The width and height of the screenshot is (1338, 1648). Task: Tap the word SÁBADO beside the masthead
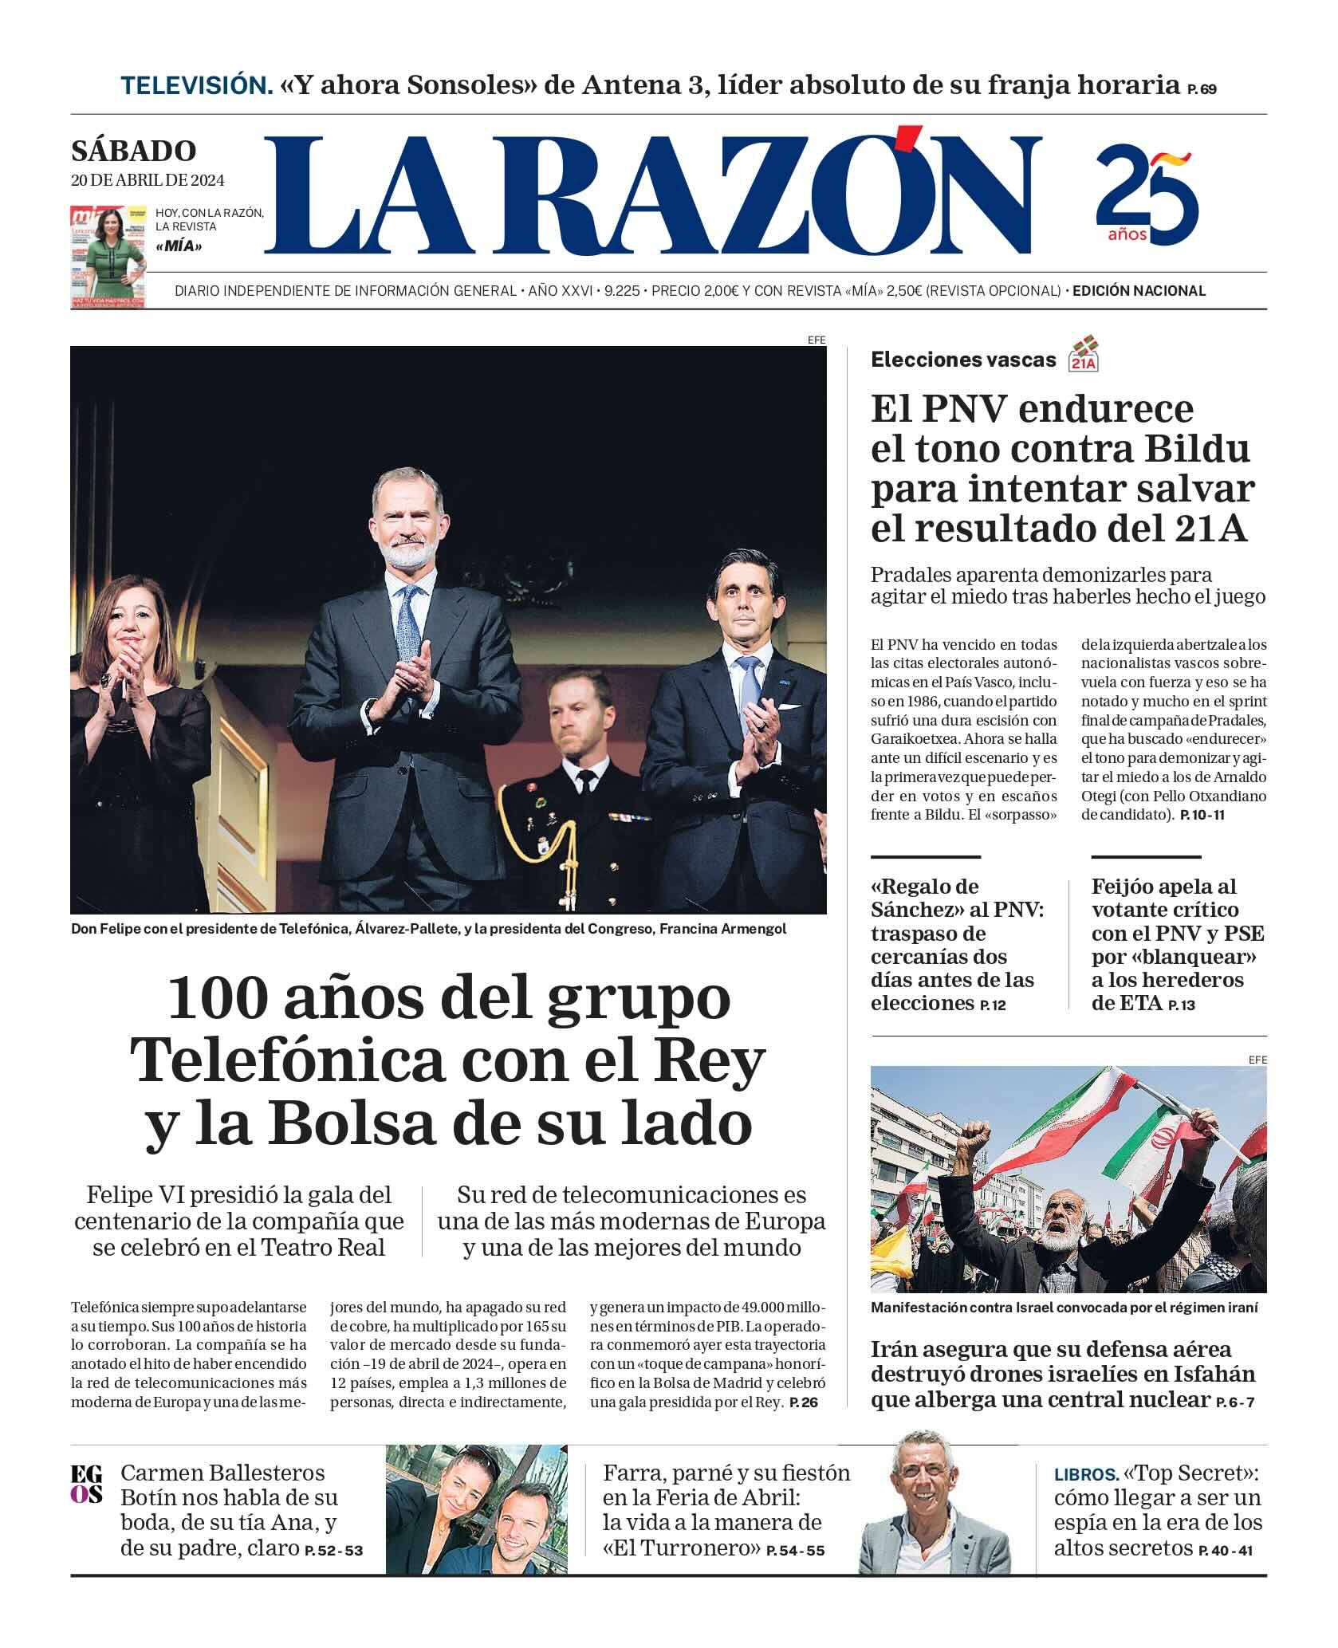[133, 151]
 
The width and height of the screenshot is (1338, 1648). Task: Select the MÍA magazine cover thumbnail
[108, 256]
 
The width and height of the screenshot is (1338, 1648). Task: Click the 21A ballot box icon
[1084, 354]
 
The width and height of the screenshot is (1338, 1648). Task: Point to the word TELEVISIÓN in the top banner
[196, 85]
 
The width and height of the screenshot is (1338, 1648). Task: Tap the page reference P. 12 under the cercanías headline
[993, 1005]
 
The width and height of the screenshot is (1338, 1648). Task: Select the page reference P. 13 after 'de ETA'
[1181, 1005]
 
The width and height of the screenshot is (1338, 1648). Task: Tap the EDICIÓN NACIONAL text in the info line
[1139, 291]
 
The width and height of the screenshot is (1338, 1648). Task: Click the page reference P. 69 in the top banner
[1201, 89]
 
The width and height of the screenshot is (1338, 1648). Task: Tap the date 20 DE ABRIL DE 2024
[148, 180]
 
